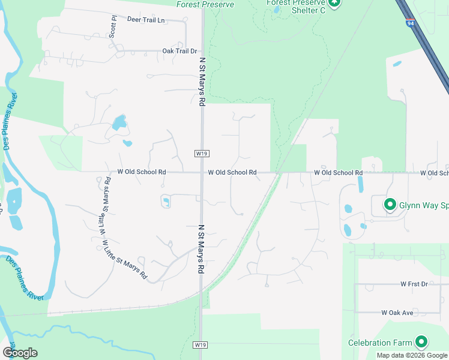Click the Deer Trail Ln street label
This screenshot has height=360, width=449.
pos(145,20)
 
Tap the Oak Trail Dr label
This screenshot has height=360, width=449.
pos(180,51)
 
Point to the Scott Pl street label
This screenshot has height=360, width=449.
pos(112,25)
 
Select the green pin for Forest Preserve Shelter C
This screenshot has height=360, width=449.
pos(335,3)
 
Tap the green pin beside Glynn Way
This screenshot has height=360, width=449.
pos(390,205)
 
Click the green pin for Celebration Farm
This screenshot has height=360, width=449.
pos(421,342)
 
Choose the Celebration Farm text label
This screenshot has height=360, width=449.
pos(380,343)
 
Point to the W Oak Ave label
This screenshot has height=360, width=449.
pos(397,313)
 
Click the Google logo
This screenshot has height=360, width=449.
pos(20,353)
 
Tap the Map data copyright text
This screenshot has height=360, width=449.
pos(412,355)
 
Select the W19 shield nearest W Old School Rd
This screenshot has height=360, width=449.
pos(202,154)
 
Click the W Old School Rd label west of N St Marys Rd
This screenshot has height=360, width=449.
pos(141,172)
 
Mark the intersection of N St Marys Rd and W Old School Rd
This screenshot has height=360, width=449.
pos(202,172)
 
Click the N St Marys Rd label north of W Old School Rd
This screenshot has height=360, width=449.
pos(202,80)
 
